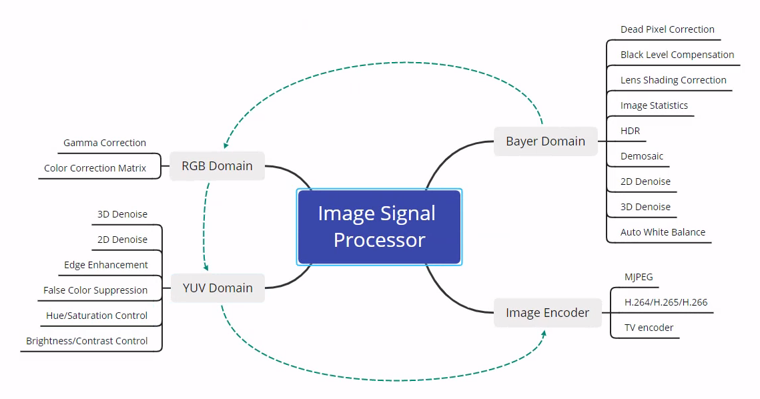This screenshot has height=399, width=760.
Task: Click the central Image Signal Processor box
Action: tap(379, 227)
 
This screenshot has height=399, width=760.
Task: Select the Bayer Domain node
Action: tap(545, 141)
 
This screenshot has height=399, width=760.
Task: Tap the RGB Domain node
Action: tap(218, 166)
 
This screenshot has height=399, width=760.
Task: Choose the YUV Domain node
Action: tap(218, 288)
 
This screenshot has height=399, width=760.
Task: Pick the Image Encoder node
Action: tap(547, 312)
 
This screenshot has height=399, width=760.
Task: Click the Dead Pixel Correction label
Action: tap(667, 29)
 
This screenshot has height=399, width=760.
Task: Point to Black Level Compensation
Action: tap(677, 55)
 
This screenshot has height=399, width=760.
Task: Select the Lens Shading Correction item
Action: tap(673, 80)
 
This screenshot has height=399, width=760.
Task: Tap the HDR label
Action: tap(630, 131)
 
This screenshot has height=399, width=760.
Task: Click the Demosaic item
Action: tap(642, 156)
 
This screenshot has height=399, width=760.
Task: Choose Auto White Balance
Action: tap(663, 232)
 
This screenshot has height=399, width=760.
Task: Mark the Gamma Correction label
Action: tap(105, 143)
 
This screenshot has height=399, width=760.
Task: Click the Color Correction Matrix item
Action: tap(95, 168)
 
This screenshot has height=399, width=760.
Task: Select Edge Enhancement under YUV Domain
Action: tap(106, 265)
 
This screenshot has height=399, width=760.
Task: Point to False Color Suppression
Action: tap(95, 290)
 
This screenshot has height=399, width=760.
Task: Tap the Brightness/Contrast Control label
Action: tap(87, 341)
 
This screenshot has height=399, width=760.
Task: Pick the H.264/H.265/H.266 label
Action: tap(666, 302)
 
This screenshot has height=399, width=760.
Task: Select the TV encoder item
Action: tap(649, 328)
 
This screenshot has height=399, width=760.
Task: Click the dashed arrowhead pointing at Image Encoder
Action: tap(544, 332)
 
